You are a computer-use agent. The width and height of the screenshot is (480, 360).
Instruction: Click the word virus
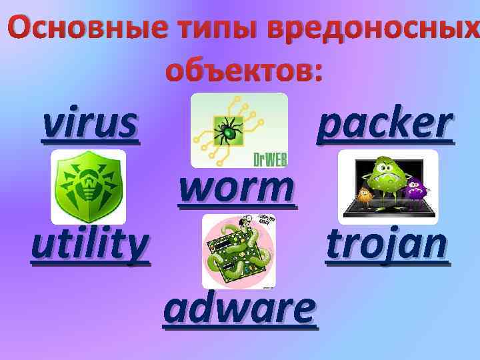coord(91,124)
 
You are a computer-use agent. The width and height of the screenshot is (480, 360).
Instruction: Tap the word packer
coord(385,124)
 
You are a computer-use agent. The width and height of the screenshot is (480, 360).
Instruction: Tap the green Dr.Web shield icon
coord(88,187)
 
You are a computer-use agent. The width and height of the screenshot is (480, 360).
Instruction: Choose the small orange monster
coord(365,194)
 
